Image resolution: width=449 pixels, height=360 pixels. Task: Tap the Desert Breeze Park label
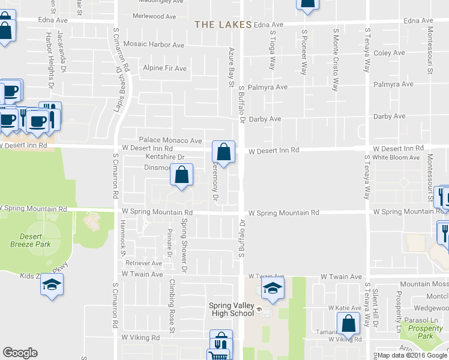pos(30,240)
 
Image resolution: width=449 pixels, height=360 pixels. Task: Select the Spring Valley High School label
pos(232,309)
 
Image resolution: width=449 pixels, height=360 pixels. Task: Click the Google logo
pos(20,353)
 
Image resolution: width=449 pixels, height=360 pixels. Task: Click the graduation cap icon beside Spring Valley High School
pos(273,288)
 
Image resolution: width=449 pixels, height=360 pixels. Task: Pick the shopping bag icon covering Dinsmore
pos(182,175)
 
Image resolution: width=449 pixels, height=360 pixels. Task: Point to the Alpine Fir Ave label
pos(164,68)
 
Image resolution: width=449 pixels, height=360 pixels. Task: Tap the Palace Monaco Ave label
pos(170,140)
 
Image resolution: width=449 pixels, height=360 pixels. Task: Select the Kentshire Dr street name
pos(155,157)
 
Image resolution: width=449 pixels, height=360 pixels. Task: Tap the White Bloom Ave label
pos(396,157)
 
